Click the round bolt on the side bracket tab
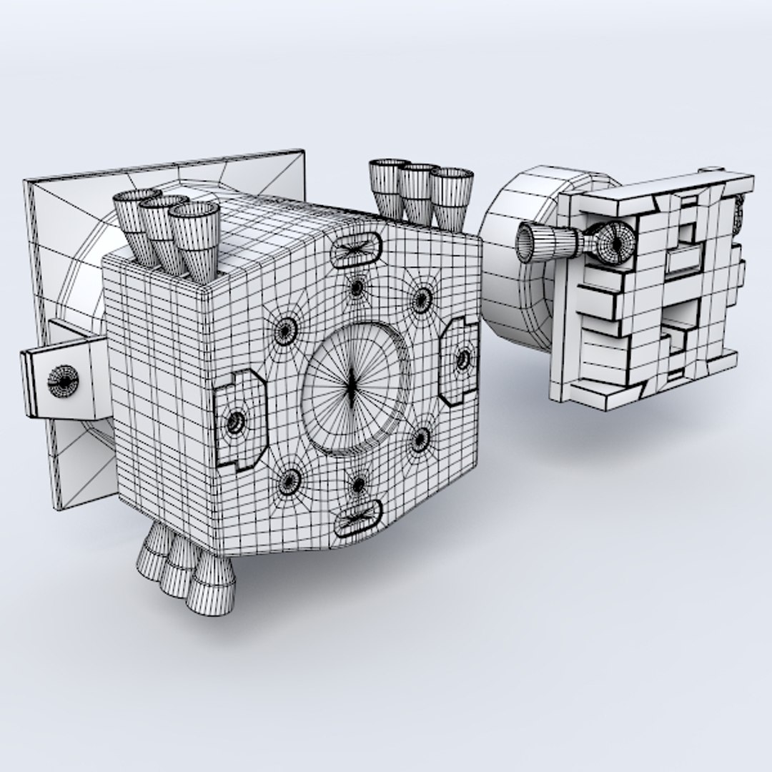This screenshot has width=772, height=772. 63,379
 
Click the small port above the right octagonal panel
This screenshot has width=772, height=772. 421,297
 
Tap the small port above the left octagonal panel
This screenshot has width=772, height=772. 287,330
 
